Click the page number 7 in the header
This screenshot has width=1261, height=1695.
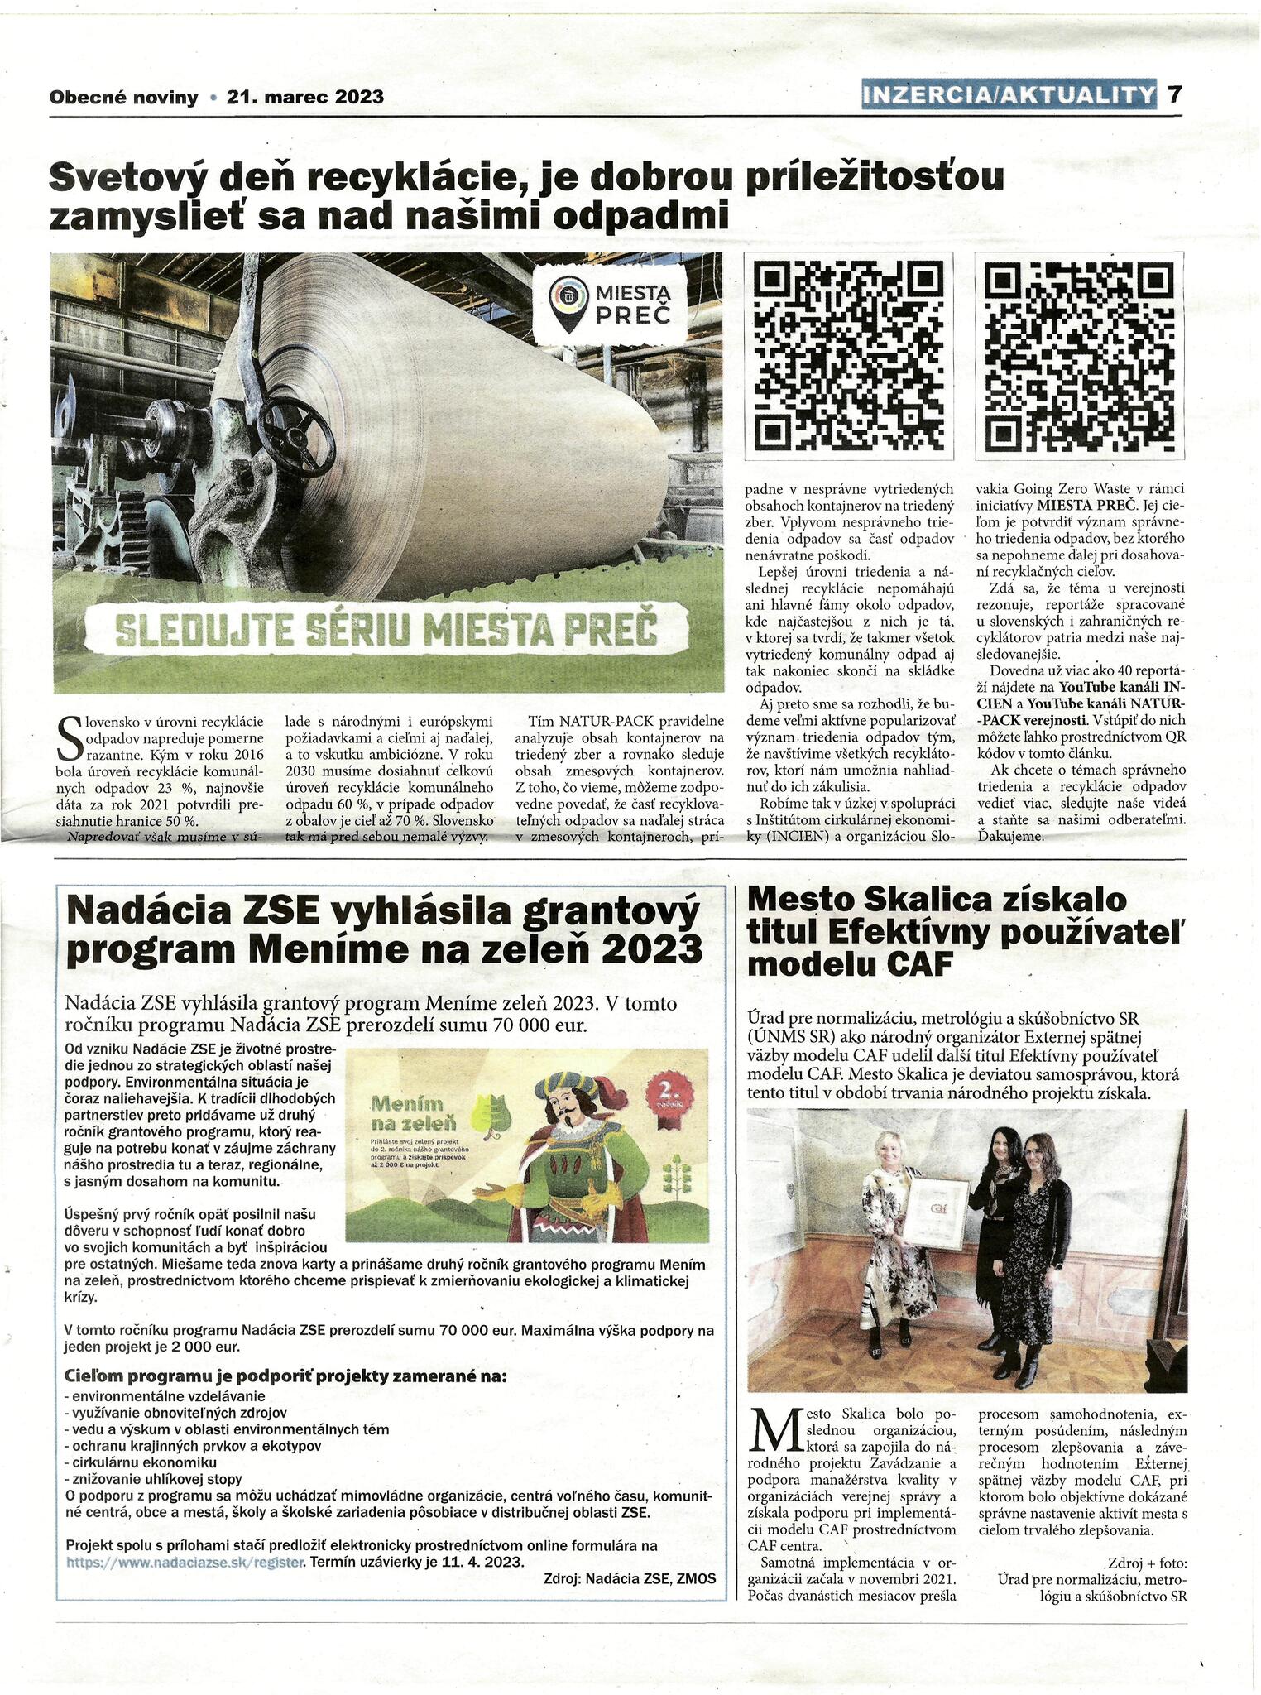[x=1173, y=95]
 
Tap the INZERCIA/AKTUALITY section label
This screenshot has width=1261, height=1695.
[x=1007, y=96]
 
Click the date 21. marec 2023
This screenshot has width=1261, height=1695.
[x=305, y=97]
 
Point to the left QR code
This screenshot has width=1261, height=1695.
[x=848, y=354]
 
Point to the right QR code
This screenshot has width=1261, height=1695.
[x=1080, y=354]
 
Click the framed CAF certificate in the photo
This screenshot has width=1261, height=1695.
[x=937, y=1215]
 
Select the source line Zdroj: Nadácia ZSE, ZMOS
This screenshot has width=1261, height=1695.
[x=629, y=1577]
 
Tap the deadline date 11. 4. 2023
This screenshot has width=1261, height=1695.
[x=482, y=1561]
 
